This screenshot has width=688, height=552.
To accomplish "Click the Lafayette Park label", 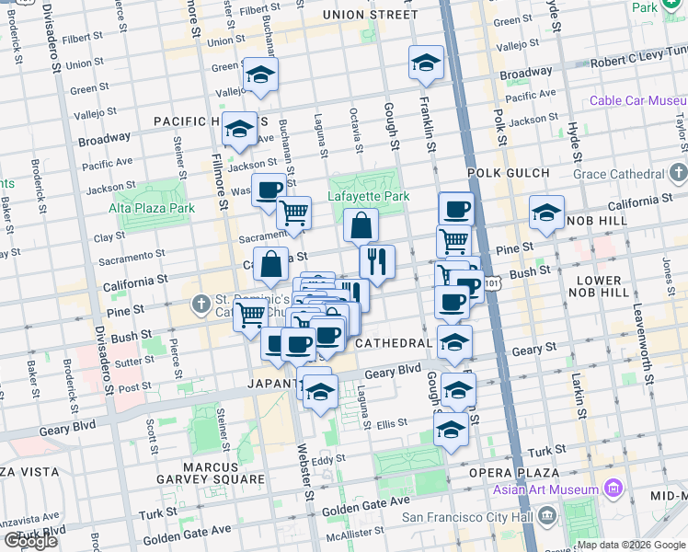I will click(369, 196).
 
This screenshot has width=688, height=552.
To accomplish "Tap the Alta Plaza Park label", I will click(156, 208).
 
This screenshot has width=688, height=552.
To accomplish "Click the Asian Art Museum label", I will click(545, 489).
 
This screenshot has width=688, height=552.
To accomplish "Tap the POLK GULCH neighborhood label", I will click(508, 172).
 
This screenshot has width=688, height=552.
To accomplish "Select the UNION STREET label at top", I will click(370, 15).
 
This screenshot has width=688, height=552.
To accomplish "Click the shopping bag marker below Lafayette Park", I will click(361, 224).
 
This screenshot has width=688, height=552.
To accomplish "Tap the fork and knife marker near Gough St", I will click(377, 261).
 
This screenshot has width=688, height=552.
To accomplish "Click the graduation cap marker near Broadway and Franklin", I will click(426, 62).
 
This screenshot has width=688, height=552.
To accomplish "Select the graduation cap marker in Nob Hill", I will click(546, 213).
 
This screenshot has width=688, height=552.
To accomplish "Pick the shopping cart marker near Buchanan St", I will click(294, 213).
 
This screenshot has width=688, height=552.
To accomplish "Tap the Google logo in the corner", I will click(29, 541).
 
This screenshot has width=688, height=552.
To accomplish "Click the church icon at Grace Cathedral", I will click(679, 173).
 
